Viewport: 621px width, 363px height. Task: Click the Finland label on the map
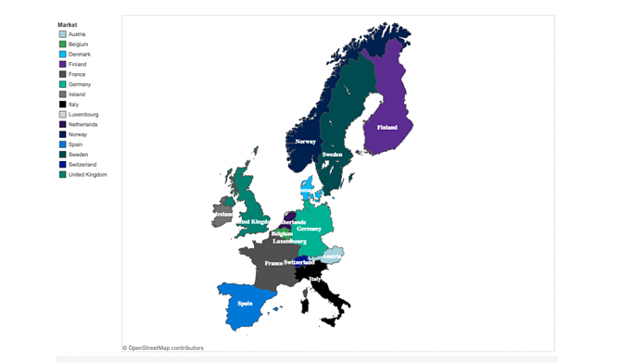(x=387, y=127)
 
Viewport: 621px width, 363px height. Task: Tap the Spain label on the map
(x=245, y=303)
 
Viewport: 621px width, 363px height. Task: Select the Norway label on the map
(x=305, y=142)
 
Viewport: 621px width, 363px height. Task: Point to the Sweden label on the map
(x=332, y=155)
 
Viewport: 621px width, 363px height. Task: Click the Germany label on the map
(x=310, y=229)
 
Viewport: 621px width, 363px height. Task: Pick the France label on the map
(x=273, y=263)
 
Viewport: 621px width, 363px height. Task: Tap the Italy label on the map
(x=315, y=278)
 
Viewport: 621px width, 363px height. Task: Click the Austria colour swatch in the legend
(x=63, y=34)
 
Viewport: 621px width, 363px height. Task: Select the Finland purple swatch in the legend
(x=63, y=65)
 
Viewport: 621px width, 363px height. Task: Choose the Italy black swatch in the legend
(x=63, y=105)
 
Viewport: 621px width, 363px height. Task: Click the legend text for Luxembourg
(x=83, y=115)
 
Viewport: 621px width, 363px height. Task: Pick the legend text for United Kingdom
(x=87, y=175)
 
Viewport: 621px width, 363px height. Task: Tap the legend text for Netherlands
(x=82, y=125)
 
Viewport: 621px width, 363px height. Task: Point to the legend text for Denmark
(x=79, y=55)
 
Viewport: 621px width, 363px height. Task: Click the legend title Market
(x=68, y=25)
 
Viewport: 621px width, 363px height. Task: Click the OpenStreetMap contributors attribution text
(x=163, y=348)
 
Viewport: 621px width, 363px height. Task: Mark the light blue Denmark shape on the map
(x=308, y=189)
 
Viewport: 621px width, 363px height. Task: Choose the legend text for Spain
(x=76, y=144)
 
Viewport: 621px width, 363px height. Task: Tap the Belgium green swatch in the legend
(x=63, y=44)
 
